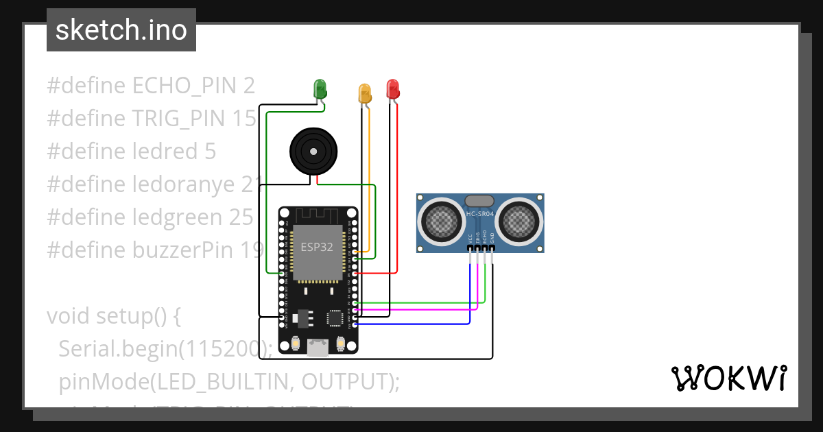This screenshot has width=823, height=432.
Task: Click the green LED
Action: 320,88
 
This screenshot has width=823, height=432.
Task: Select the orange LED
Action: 365,93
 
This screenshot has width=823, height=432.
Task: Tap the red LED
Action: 392,88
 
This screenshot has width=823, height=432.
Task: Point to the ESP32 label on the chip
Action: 317,247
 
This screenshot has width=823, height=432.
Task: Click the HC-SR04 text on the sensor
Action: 480,214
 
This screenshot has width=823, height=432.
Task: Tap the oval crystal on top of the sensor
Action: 480,200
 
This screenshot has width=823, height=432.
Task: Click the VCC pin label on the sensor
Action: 470,239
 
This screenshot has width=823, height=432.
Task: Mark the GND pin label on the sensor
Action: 492,239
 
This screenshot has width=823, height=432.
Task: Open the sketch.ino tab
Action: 121,30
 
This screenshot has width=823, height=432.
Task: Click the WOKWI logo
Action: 728,379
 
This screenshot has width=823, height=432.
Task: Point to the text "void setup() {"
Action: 113,316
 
